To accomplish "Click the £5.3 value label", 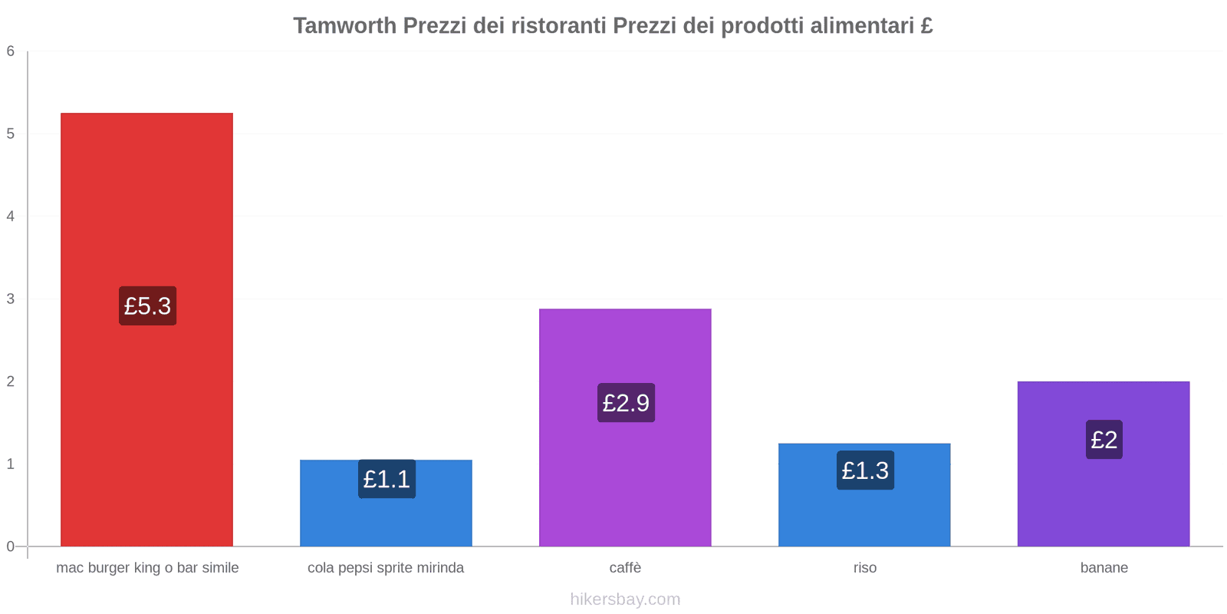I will pos(147,306).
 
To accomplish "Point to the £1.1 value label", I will pos(387,479).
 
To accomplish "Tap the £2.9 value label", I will pos(626,403).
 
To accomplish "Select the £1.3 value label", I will pos(865,470).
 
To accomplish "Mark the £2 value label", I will pos(1104,440).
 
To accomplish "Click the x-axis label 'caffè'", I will pos(625,568).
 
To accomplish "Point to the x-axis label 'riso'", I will pos(864,568).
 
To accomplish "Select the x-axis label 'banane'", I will pos(1104,568).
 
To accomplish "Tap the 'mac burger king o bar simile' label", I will pos(147,568).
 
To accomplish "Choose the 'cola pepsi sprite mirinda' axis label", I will pos(386,568).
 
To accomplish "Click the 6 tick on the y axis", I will pos(11,51).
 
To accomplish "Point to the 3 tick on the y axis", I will pos(11,299).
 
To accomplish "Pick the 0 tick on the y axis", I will pos(11,546).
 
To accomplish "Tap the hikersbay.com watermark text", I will pos(625,599).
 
